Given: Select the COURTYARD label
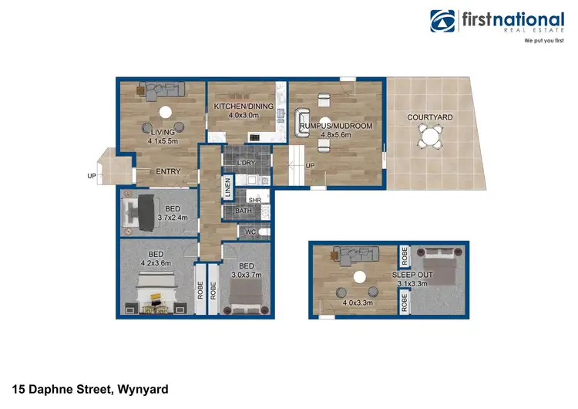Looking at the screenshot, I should point(430,117).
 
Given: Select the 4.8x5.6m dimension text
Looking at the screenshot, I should point(335,134).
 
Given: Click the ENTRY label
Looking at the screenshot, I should point(168,171).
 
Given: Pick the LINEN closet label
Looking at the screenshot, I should point(227,188).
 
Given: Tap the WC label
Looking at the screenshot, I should point(250,232).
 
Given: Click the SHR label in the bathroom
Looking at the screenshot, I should point(254,200).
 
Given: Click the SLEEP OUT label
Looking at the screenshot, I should point(412,275).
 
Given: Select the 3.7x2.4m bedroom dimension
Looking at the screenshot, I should point(173,217).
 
